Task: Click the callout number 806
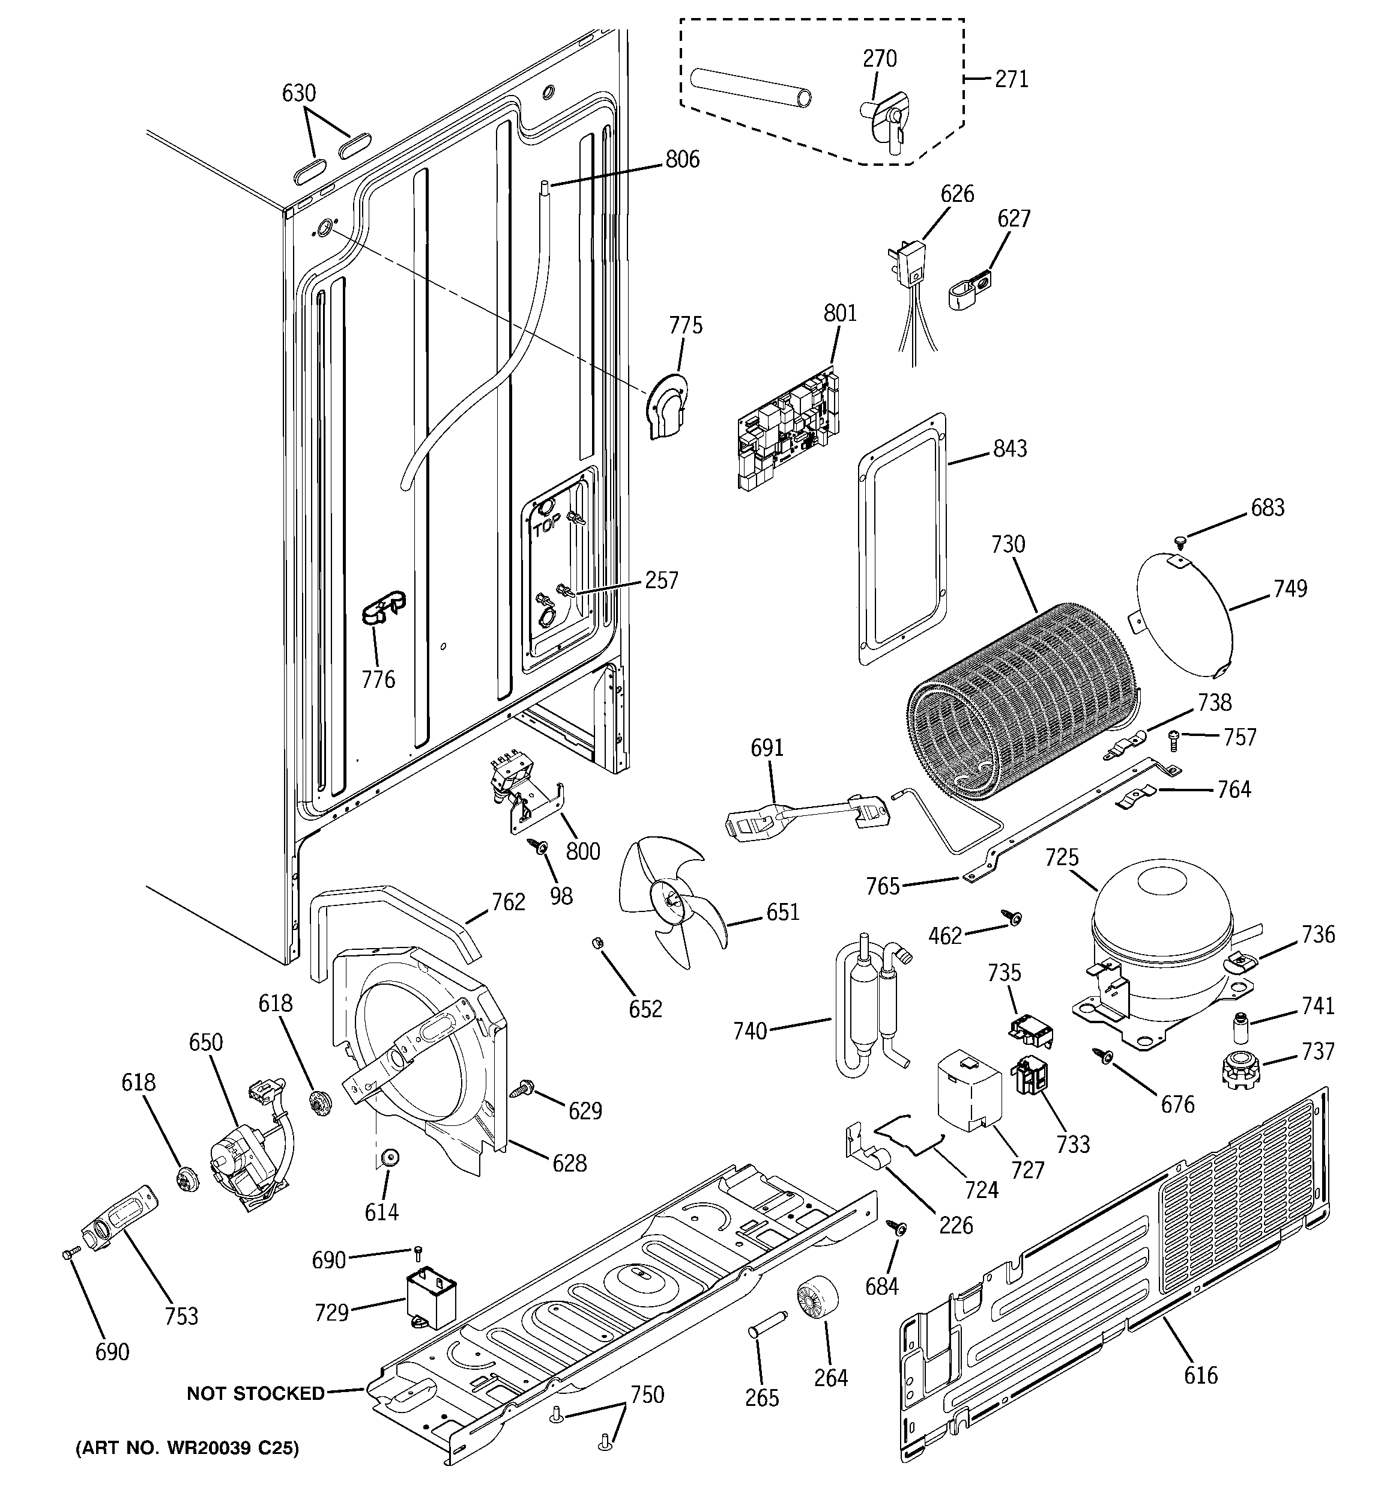point(682,159)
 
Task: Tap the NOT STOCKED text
point(256,1393)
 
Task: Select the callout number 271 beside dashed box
point(1011,79)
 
